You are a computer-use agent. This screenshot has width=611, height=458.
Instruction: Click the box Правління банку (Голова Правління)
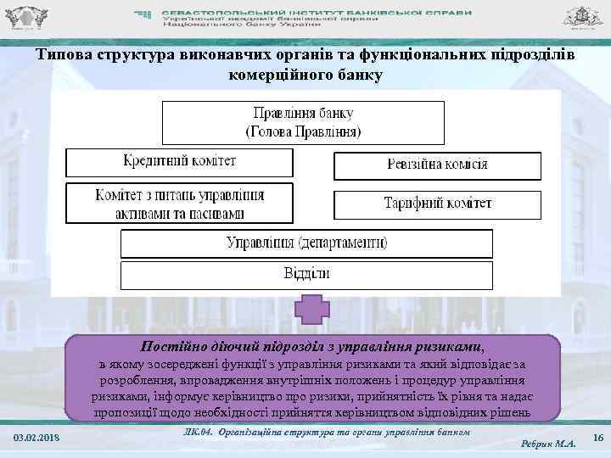pos(303,122)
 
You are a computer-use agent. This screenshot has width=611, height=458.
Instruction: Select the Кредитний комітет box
pos(179,161)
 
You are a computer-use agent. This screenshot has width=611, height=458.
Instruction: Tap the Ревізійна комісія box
pos(437,165)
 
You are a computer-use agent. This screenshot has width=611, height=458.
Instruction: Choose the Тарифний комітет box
pos(437,204)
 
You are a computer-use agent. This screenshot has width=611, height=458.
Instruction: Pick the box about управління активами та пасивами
pos(179,204)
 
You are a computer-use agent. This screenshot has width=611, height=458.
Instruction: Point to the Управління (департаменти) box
pos(306,243)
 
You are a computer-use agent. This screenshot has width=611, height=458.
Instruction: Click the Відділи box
pos(306,274)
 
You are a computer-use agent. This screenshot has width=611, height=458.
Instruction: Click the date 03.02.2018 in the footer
pos(36,437)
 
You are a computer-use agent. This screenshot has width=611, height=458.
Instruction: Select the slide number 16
pos(597,437)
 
